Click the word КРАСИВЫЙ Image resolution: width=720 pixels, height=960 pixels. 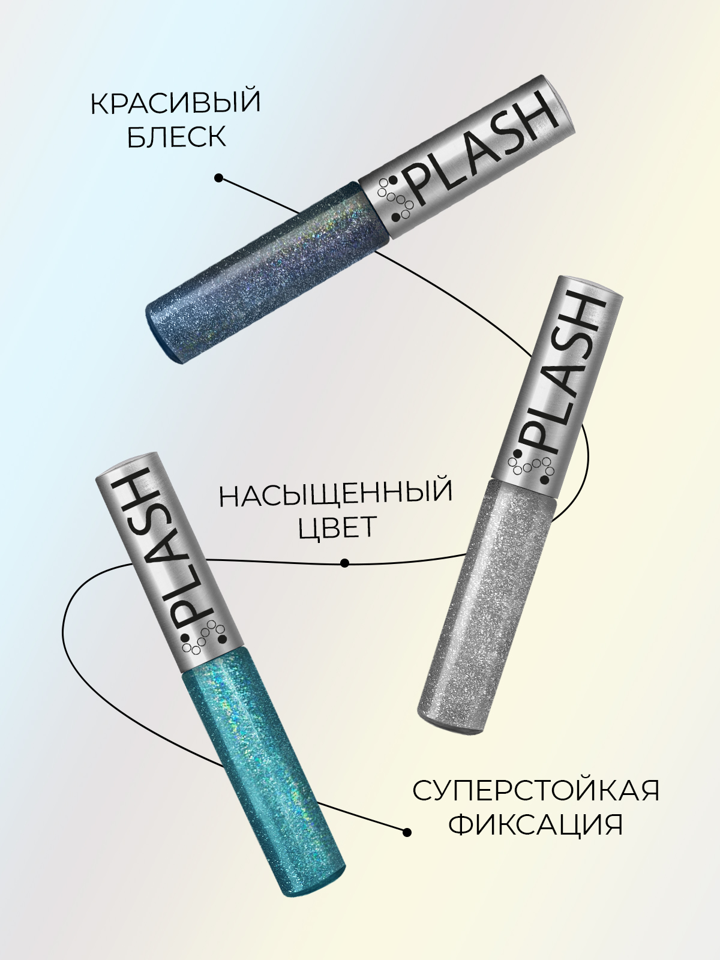coord(175,103)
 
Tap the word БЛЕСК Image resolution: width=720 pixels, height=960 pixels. coord(177,137)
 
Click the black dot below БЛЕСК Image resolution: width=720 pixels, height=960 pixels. coord(219,178)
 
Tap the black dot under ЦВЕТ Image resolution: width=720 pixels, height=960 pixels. coord(344,563)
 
